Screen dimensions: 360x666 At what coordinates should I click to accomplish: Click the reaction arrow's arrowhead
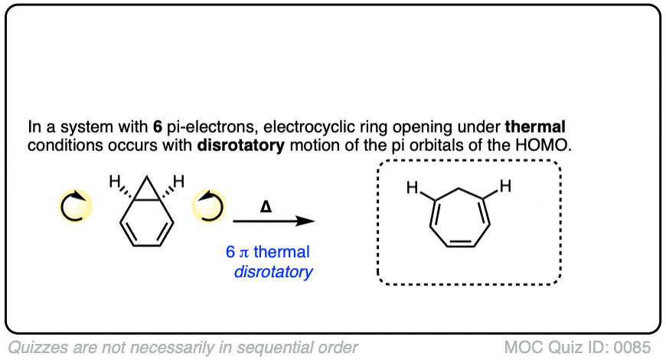click(307, 221)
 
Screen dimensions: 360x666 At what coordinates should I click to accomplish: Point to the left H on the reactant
click(114, 182)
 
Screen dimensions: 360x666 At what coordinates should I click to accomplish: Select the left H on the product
click(411, 186)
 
